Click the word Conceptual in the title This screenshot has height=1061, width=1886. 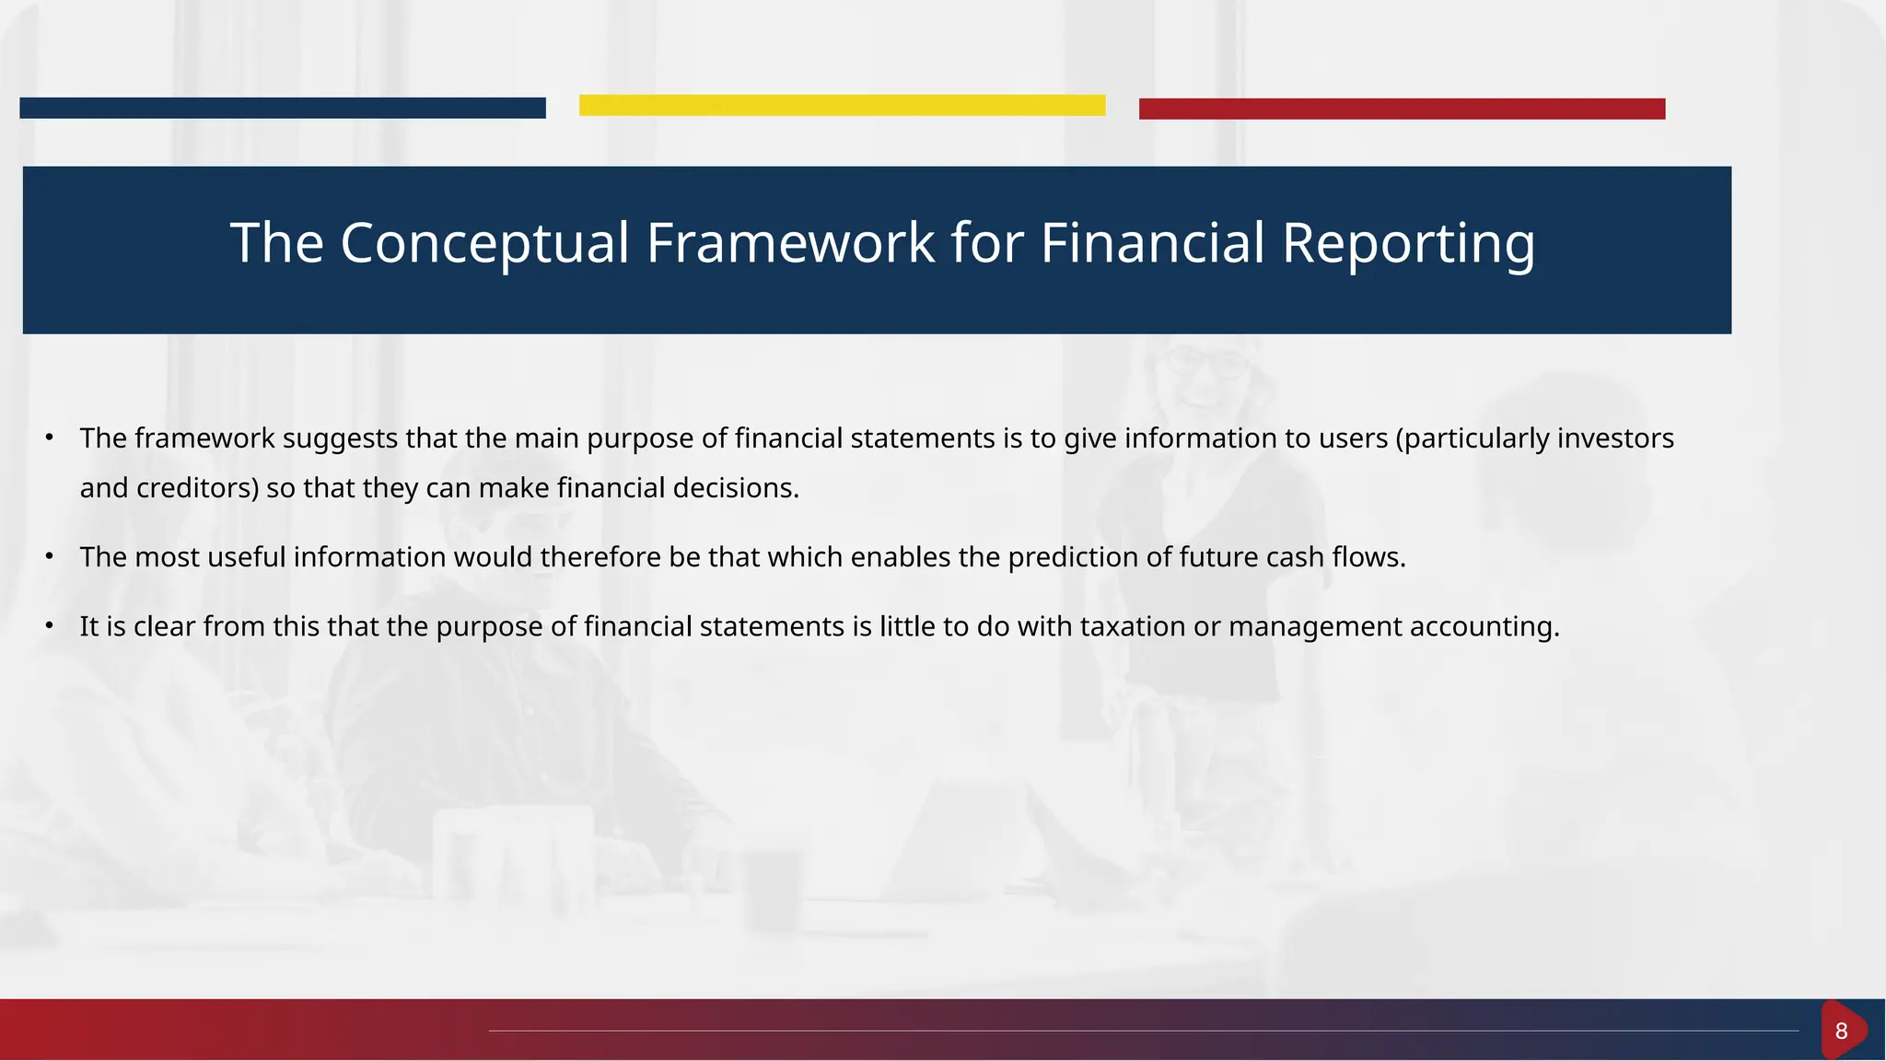click(x=484, y=243)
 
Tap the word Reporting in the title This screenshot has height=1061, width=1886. click(x=1407, y=243)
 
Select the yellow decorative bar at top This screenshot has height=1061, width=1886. click(x=842, y=105)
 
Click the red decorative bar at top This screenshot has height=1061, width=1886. click(x=1402, y=109)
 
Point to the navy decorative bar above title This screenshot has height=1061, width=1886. click(x=282, y=108)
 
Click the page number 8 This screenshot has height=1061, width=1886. click(x=1841, y=1031)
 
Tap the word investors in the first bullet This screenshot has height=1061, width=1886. click(x=1615, y=438)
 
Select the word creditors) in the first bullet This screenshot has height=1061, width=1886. click(x=198, y=488)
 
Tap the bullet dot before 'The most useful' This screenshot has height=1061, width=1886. click(x=50, y=557)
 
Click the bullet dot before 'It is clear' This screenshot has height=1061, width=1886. click(x=50, y=627)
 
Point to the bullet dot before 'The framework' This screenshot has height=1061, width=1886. click(x=50, y=438)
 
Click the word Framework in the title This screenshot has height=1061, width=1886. click(x=790, y=243)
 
